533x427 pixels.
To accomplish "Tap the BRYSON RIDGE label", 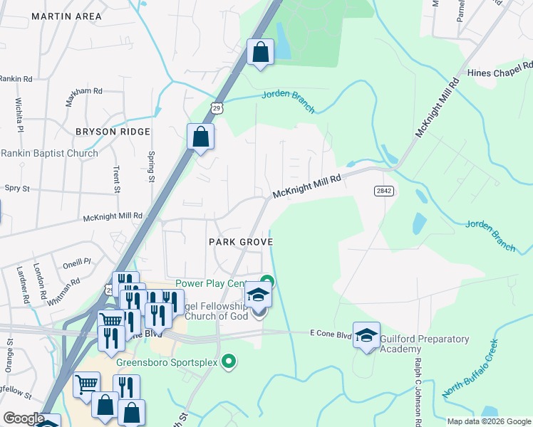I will coord(114,132).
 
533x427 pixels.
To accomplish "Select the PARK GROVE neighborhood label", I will coord(242,242).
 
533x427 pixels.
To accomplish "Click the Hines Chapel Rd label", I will coord(500,73).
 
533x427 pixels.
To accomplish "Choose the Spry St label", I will coord(17,189).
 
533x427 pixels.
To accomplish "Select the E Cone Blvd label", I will coord(331,332).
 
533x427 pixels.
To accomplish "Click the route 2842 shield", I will coord(383,191).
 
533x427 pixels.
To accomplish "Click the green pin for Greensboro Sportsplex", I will coord(228,362).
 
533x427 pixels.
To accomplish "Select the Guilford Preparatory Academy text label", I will coord(424,344).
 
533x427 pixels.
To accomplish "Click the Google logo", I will coord(24,418).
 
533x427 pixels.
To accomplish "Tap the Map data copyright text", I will coord(489,421).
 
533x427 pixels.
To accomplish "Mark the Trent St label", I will coord(116,179).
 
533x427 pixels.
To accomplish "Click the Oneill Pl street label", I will coord(77,262).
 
